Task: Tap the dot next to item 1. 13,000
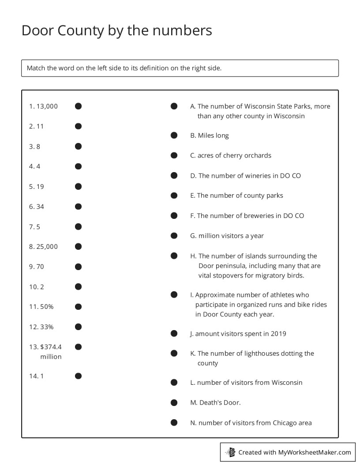[x=78, y=106]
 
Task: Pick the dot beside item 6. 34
[x=78, y=207]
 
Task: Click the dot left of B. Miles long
[x=174, y=135]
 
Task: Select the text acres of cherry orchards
[x=234, y=155]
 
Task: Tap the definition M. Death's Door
[x=215, y=402]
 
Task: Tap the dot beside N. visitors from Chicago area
[x=174, y=423]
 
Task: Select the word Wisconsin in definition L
[x=287, y=383]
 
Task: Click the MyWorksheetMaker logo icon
[x=231, y=452]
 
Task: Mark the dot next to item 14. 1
[x=78, y=376]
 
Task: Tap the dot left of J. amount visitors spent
[x=174, y=334]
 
